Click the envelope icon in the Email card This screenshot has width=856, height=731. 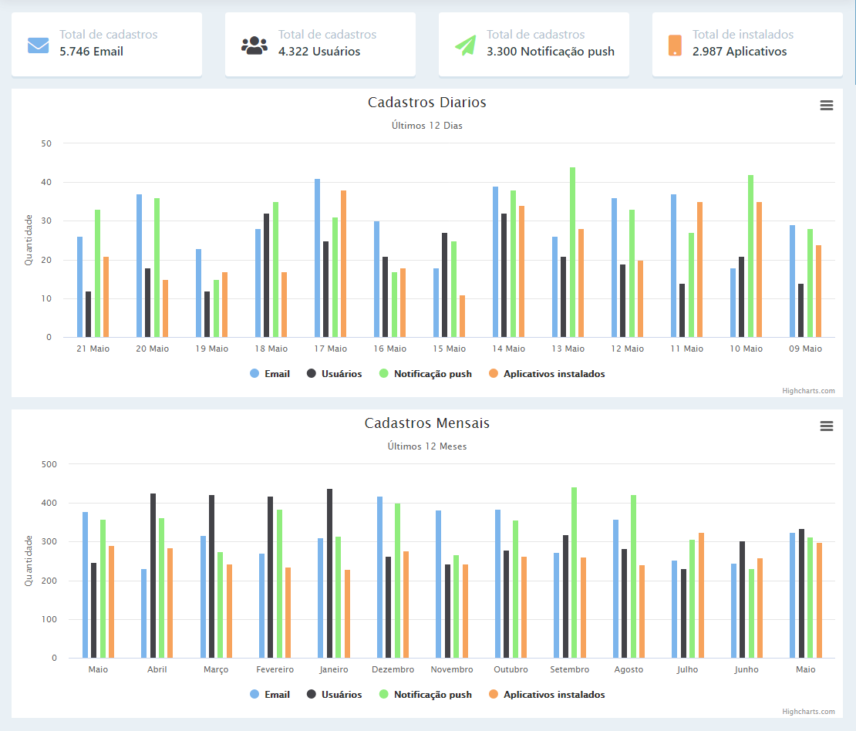click(x=38, y=45)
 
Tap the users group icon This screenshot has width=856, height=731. click(x=254, y=45)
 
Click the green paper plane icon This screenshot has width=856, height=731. click(x=465, y=45)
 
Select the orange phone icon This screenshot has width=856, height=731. click(x=675, y=45)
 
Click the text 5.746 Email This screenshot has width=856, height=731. click(x=91, y=52)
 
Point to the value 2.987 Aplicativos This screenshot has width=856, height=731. click(x=740, y=52)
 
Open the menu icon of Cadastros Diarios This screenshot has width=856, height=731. click(x=826, y=106)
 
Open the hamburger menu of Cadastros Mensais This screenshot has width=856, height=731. click(x=826, y=426)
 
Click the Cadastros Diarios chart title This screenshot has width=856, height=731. click(x=426, y=103)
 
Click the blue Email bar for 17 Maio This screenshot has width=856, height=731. click(x=317, y=258)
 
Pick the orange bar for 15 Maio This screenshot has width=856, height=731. click(x=463, y=316)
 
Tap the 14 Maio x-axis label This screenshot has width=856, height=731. click(x=508, y=349)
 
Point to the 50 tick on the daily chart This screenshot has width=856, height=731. click(x=46, y=143)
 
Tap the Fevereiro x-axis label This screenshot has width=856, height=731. click(x=275, y=669)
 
